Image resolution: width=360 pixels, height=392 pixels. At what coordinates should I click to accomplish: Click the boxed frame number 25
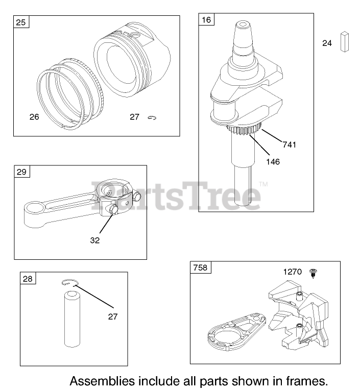[x=21, y=22]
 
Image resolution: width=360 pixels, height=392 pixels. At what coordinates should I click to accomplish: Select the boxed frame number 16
[x=206, y=20]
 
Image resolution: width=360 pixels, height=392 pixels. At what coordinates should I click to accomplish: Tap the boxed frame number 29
[x=21, y=172]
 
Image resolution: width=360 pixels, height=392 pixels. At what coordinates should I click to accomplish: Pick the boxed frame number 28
[x=28, y=278]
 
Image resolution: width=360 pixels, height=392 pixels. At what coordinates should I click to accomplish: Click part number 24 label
[x=327, y=43]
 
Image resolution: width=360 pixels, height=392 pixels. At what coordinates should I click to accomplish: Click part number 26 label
[x=34, y=117]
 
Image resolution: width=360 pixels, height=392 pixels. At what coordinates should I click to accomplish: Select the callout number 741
[x=289, y=144]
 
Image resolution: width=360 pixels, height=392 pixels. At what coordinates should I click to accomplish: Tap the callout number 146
[x=272, y=161]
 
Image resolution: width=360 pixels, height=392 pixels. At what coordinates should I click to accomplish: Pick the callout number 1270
[x=293, y=272]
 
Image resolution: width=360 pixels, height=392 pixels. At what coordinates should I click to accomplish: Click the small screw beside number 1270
[x=313, y=274]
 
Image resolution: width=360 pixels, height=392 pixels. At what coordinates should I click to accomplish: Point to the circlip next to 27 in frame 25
[x=152, y=118]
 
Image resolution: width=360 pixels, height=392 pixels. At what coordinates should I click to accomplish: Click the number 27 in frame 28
[x=112, y=316]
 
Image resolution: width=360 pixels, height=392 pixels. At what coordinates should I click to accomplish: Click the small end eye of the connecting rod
[x=38, y=209]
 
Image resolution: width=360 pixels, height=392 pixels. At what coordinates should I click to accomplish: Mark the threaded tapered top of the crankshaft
[x=243, y=33]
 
